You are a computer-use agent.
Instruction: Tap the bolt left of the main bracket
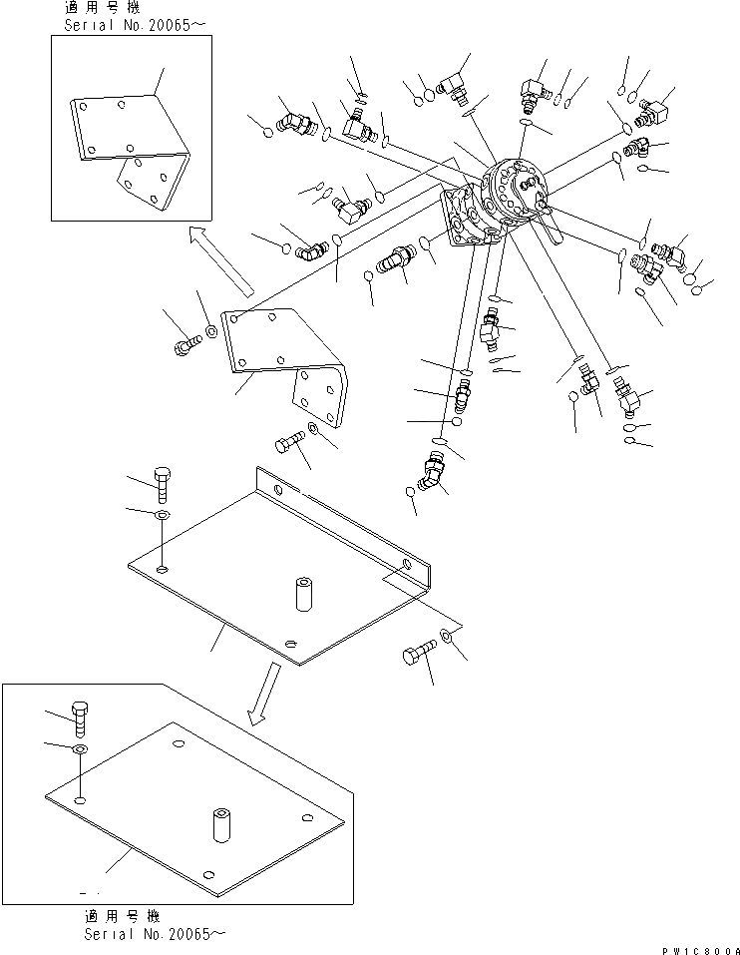(186, 343)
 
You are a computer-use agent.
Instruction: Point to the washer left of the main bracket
(211, 329)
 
